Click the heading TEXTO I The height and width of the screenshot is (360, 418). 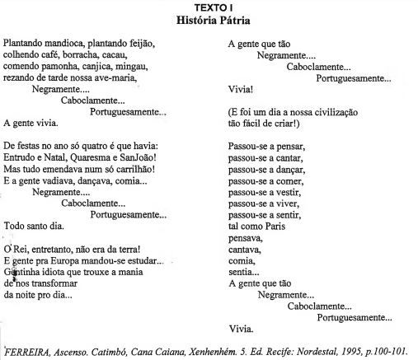coord(210,6)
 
